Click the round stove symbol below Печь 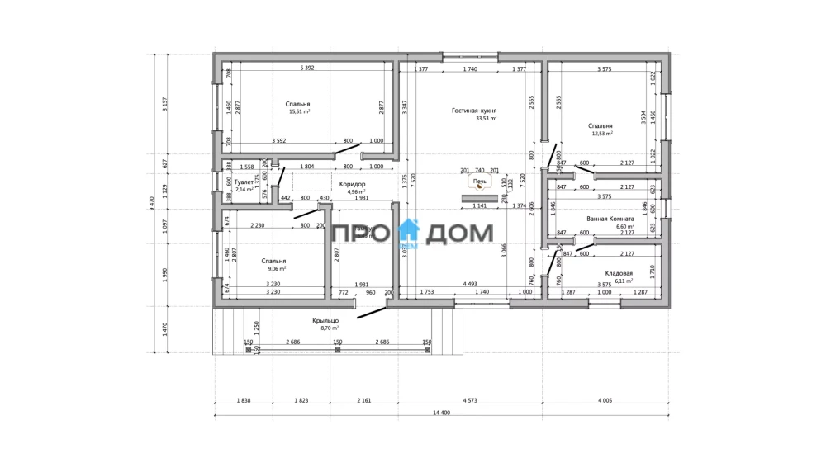(480, 188)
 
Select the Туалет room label (244, 182)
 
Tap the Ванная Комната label (610, 219)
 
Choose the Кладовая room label (619, 272)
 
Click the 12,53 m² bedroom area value (601, 133)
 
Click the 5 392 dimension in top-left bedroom (307, 68)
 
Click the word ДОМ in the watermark (460, 236)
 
